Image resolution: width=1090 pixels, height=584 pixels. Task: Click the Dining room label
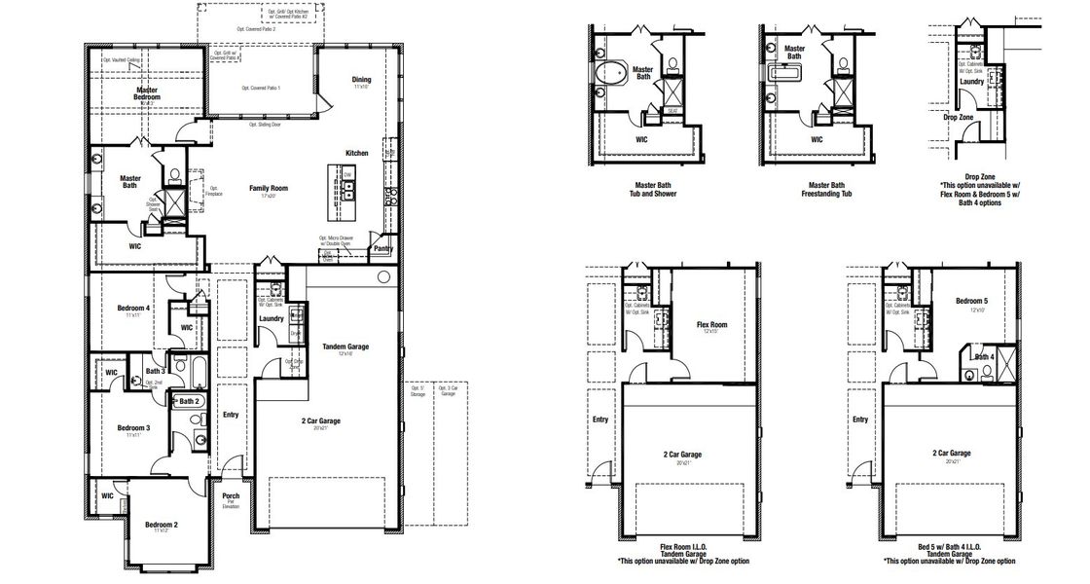coord(361,80)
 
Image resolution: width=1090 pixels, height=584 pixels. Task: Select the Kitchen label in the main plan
coord(357,153)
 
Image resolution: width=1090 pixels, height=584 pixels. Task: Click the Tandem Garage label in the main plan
coord(345,347)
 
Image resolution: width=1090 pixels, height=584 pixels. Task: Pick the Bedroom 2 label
coord(162,525)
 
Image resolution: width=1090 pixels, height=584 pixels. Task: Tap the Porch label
coord(232,496)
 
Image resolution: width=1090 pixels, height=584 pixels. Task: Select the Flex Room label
coord(713,324)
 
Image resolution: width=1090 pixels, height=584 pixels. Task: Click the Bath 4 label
coord(984,357)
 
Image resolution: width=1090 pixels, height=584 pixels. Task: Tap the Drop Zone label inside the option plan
coord(959,118)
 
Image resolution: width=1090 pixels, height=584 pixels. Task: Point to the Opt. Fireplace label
coord(215,191)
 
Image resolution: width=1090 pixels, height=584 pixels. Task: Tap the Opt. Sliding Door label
coord(265,125)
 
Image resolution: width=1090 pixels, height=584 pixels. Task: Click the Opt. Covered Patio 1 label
coord(261,88)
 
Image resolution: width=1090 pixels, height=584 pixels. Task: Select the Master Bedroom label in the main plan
coord(146,93)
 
